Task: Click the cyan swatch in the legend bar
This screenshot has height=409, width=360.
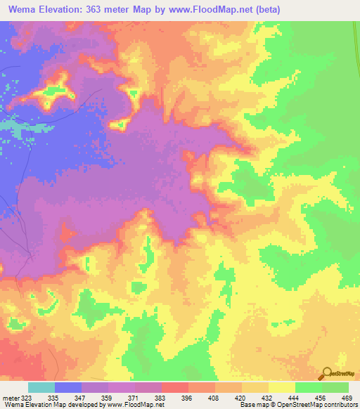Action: point(41,388)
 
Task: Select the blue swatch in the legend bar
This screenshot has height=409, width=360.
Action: point(68,388)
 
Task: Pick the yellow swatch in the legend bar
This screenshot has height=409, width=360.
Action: point(281,388)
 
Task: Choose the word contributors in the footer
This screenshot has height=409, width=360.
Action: point(341,404)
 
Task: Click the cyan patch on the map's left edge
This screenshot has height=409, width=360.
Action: point(10,126)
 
